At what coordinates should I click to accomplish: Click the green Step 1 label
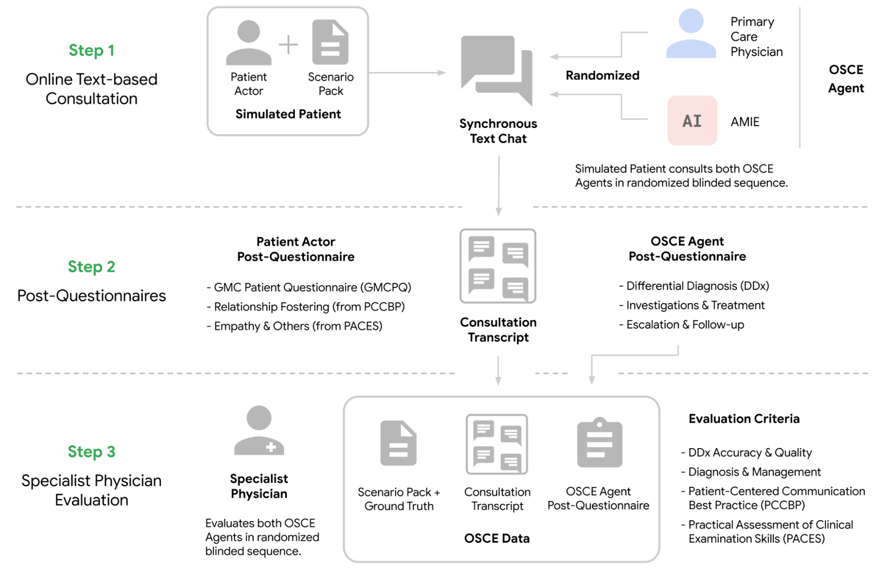pos(91,51)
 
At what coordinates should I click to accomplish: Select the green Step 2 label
pos(91,267)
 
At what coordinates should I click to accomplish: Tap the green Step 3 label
pos(91,452)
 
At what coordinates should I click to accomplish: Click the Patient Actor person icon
pos(248,43)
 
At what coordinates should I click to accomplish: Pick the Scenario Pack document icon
pos(330,42)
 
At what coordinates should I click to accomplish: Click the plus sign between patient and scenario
pos(288,44)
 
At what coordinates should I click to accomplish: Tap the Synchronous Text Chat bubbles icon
pos(497,70)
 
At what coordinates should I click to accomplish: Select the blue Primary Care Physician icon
pos(691,33)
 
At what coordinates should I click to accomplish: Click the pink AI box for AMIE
pos(692,121)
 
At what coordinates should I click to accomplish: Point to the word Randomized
pos(602,76)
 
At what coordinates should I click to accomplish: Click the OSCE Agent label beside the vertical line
pos(846,79)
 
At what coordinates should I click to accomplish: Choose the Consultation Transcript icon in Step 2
pos(498,266)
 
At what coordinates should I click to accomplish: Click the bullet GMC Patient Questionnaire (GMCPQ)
pos(309,287)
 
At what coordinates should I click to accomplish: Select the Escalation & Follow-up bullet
pos(682,325)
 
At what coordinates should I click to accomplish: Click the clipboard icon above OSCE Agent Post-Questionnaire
pos(599,442)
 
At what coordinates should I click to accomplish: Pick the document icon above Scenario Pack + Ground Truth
pos(398,443)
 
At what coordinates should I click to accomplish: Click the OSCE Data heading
pos(497,538)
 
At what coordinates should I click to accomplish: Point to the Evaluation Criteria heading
pos(744,419)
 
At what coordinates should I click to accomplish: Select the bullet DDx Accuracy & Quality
pos(747,453)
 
